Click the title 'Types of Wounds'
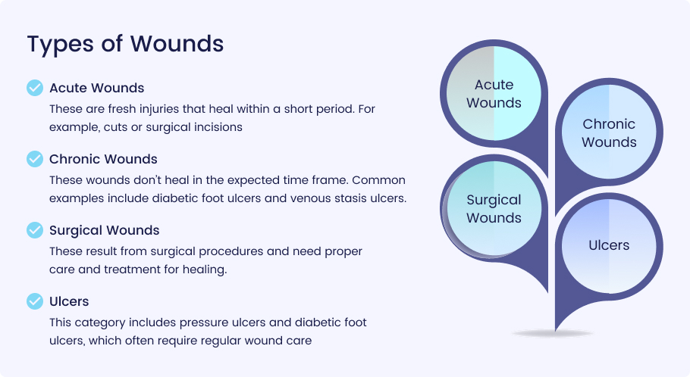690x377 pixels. tap(125, 45)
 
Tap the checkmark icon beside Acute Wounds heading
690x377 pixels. tap(35, 88)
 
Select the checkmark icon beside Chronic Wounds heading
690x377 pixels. tap(35, 159)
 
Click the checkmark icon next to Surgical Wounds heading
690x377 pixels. tap(35, 230)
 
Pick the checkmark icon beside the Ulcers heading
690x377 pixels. tap(35, 301)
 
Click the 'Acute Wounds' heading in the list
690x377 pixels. tap(97, 88)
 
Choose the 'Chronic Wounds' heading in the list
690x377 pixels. tap(103, 159)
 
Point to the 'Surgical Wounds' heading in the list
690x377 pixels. tap(105, 231)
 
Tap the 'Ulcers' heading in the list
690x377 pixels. tap(69, 301)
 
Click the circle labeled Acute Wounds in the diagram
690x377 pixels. tap(494, 94)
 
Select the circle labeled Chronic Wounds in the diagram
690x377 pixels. tap(609, 132)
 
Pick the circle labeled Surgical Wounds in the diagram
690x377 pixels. tap(494, 208)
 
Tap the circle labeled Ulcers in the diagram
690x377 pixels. tap(609, 246)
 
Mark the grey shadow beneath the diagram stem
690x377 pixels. tap(553, 334)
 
